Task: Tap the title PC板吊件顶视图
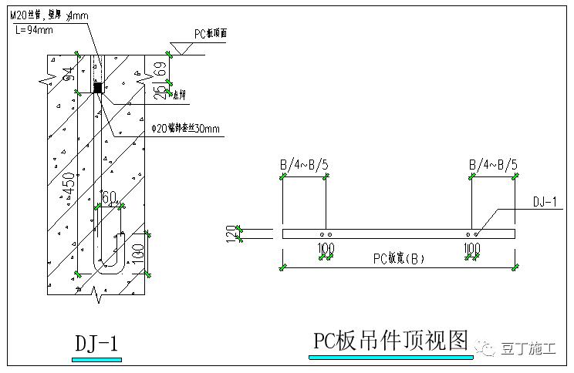pos(390,340)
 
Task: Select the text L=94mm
pos(34,30)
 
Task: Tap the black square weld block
pos(98,88)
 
